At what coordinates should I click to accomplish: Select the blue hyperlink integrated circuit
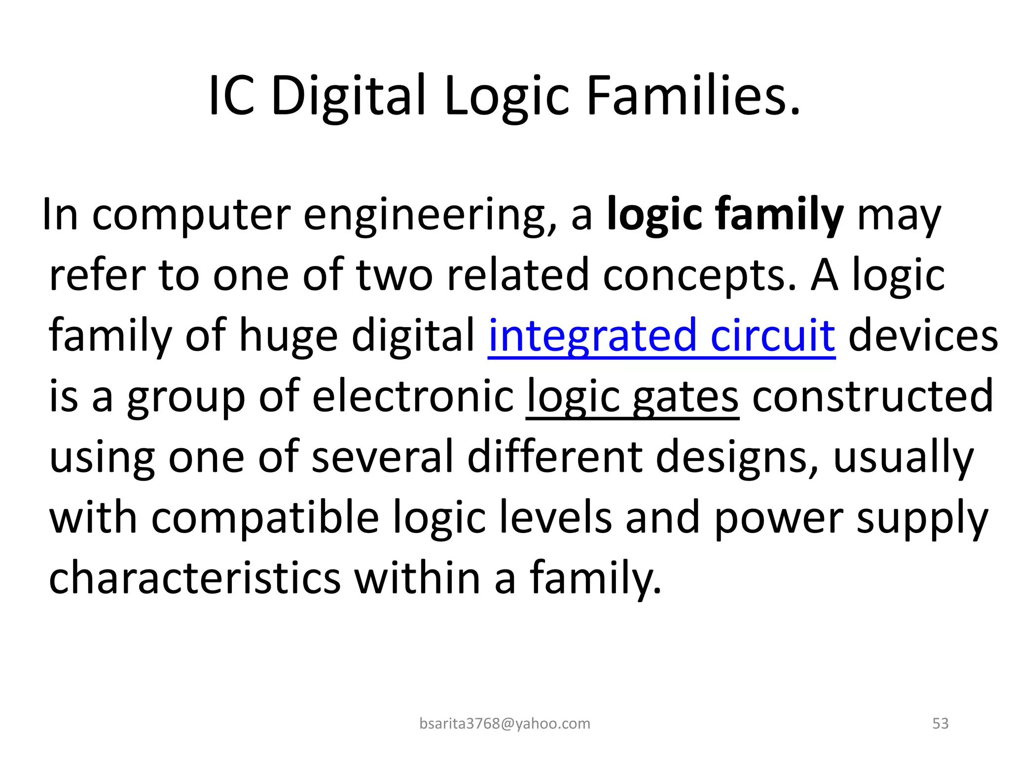click(661, 336)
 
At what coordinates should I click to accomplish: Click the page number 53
click(940, 723)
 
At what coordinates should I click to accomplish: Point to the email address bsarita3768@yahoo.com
click(505, 723)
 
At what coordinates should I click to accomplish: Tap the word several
click(382, 457)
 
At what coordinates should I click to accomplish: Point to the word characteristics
click(195, 578)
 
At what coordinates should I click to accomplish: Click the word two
click(395, 275)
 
